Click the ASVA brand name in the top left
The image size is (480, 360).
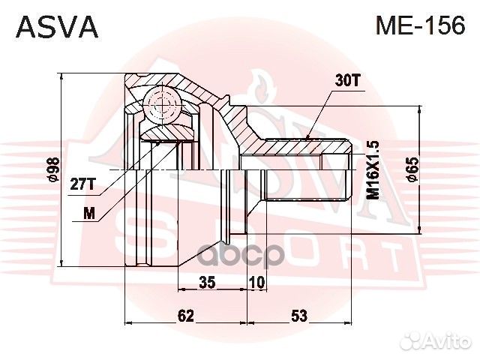tap(57, 27)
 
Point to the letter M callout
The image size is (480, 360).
tap(90, 213)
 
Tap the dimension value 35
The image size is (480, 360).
tap(207, 283)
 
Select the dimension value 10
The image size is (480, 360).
tap(256, 283)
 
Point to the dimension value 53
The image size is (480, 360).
tap(299, 316)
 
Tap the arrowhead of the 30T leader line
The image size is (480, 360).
tap(309, 137)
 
